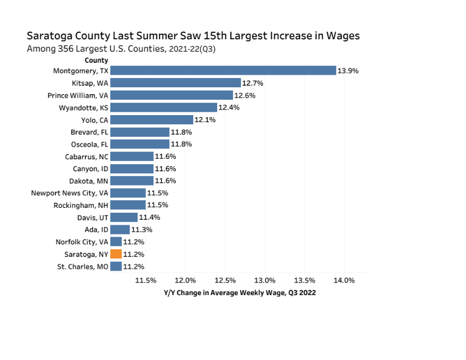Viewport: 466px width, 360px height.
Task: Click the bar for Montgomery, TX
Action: [x=223, y=71]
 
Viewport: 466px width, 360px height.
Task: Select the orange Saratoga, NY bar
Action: [x=116, y=254]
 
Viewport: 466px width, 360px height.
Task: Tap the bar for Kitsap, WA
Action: [x=175, y=83]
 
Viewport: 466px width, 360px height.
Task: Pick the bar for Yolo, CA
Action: [x=152, y=120]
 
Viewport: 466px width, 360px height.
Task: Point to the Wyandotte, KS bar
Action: [x=164, y=107]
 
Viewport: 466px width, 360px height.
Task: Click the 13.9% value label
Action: [x=348, y=71]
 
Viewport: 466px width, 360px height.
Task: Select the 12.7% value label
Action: [x=253, y=83]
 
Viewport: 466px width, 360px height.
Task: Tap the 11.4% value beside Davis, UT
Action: [x=150, y=218]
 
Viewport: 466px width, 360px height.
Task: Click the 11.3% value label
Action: [x=141, y=230]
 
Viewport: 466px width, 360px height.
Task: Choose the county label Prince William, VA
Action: [x=77, y=95]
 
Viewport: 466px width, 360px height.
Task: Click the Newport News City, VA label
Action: [x=69, y=193]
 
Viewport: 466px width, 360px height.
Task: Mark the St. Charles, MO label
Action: [x=82, y=267]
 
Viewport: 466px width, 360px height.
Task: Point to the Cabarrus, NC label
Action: [x=86, y=157]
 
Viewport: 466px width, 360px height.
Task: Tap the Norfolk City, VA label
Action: [x=81, y=242]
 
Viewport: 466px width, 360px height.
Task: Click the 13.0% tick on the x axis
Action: [x=265, y=280]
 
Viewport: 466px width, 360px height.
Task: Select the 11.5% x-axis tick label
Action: [x=146, y=280]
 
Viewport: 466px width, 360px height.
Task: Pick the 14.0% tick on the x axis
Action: [x=344, y=280]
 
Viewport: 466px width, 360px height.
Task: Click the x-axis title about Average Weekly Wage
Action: [x=240, y=293]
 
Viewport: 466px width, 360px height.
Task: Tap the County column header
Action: [x=96, y=61]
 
